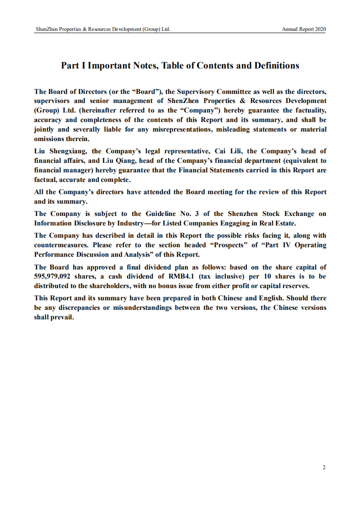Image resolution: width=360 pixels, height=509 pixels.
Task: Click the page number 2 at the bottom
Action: click(324, 467)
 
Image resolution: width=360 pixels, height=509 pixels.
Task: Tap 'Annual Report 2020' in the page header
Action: click(304, 29)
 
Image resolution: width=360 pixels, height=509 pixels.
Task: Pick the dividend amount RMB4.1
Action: click(176, 277)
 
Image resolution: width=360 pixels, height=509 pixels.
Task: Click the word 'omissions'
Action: click(49, 139)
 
